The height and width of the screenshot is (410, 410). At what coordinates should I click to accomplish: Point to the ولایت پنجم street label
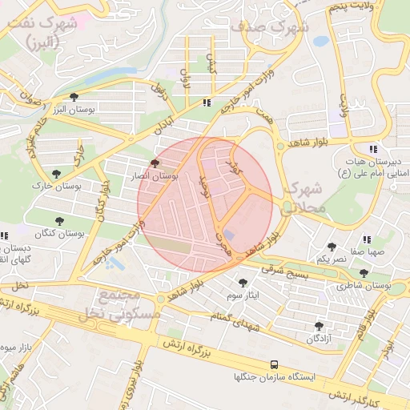tap(351, 8)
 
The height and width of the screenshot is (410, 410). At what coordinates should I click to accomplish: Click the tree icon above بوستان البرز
tap(74, 97)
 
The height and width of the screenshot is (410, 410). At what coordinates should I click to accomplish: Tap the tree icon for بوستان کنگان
tap(60, 221)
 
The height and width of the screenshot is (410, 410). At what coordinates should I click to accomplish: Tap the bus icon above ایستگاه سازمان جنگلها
tap(275, 364)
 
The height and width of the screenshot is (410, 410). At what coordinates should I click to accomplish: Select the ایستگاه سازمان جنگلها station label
tap(275, 376)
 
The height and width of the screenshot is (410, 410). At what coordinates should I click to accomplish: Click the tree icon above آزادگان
tap(320, 326)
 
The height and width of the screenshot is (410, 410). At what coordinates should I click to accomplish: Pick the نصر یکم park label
tap(331, 259)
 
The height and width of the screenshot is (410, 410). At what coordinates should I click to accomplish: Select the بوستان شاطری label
tap(365, 285)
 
